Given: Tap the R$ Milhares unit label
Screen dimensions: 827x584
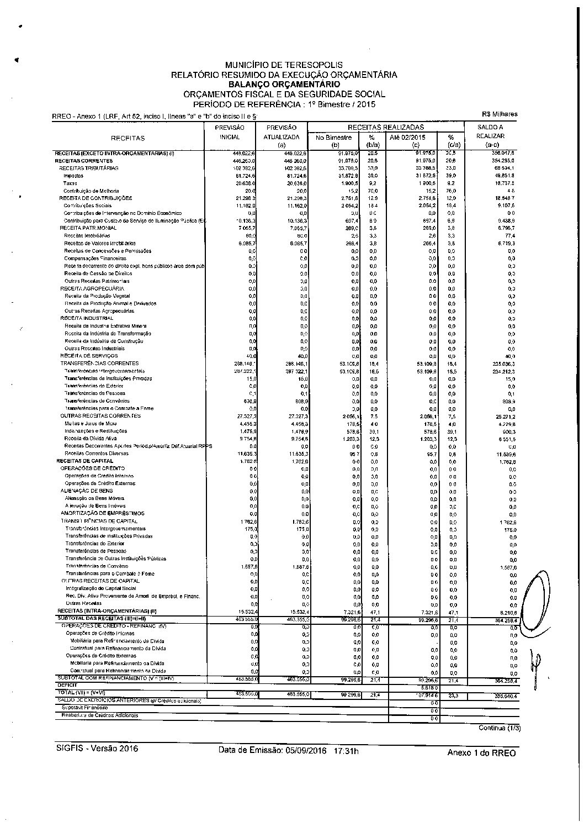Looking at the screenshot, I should (499, 114).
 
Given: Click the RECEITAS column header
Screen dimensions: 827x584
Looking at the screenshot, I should (128, 138).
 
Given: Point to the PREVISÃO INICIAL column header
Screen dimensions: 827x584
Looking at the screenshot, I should (230, 132).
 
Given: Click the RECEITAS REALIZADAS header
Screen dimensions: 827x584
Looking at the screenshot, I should (386, 127).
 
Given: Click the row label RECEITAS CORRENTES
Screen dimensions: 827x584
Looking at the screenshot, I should (76, 161).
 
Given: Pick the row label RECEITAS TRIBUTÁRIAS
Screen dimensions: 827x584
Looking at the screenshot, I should (89, 168).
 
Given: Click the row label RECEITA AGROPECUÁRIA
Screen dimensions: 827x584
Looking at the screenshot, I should (92, 288).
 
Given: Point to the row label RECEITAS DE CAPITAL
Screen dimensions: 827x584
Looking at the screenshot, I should (84, 461).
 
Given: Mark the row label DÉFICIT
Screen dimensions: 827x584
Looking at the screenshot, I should (67, 684).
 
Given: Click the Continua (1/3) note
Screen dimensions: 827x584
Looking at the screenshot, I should (499, 728).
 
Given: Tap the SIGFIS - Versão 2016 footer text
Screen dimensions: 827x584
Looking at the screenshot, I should (97, 749).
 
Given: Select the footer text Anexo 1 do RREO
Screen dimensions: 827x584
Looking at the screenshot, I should (481, 753).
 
